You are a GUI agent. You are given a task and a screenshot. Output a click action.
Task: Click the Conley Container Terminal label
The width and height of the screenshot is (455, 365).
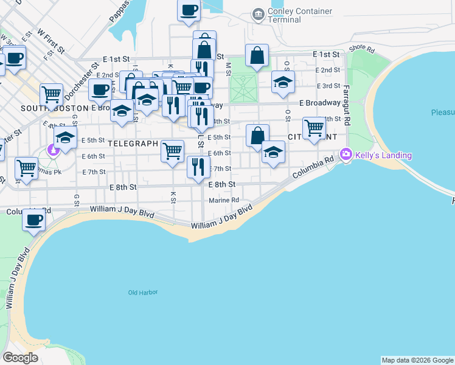pyautogui.click(x=283, y=15)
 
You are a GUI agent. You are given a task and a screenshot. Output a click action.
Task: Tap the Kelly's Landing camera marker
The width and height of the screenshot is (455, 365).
pyautogui.click(x=347, y=155)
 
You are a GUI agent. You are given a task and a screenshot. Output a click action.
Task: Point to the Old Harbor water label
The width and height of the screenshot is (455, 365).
pyautogui.click(x=143, y=293)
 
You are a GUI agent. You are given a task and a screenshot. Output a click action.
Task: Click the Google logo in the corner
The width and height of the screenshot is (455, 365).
pyautogui.click(x=20, y=358)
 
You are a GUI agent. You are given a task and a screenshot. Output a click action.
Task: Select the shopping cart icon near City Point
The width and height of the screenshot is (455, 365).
pyautogui.click(x=314, y=128)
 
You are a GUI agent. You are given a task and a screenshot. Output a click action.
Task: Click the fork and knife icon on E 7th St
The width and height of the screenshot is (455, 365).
pyautogui.click(x=198, y=167)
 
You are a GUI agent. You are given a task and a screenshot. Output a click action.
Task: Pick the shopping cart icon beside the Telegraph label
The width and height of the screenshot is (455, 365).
pyautogui.click(x=173, y=150)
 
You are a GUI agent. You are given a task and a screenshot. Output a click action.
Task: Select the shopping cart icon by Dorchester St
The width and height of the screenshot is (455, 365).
pyautogui.click(x=52, y=95)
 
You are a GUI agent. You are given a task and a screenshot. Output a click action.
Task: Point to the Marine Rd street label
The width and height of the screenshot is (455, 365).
pyautogui.click(x=224, y=200)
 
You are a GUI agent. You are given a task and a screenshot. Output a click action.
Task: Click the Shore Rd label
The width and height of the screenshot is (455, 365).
pyautogui.click(x=362, y=49)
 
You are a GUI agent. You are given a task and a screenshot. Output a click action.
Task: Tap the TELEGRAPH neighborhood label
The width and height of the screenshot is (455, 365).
pyautogui.click(x=133, y=144)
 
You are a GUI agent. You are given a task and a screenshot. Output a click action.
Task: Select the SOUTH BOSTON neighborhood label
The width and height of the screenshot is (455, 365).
pyautogui.click(x=49, y=108)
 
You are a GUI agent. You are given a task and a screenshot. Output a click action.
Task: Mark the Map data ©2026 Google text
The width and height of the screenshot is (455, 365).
pyautogui.click(x=417, y=360)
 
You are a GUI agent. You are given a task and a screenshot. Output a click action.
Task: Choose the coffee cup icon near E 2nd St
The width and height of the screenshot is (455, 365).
pyautogui.click(x=100, y=89)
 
